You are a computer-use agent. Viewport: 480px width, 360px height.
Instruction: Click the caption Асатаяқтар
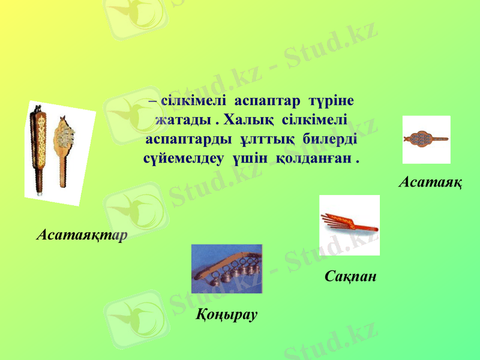tap(81, 234)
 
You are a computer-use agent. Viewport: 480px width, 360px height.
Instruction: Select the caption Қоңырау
tap(227, 314)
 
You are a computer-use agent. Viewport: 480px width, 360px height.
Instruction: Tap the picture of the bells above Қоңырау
tap(226, 268)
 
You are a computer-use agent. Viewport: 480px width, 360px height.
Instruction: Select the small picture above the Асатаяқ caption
tap(426, 140)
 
